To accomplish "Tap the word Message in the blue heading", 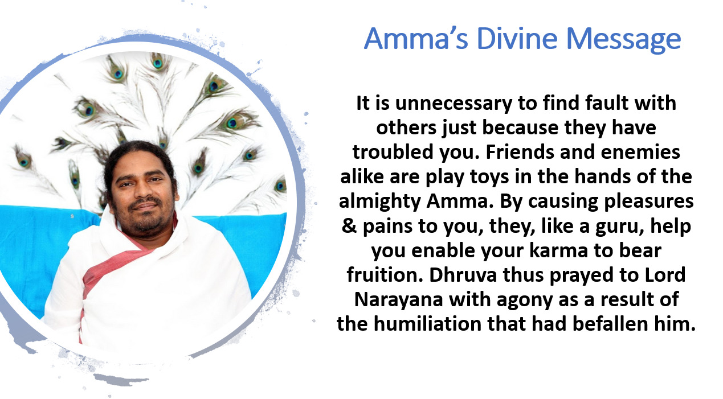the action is pyautogui.click(x=623, y=40).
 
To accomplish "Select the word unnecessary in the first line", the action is pyautogui.click(x=454, y=104).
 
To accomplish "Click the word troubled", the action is pyautogui.click(x=393, y=151).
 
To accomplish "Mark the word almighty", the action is pyautogui.click(x=380, y=202).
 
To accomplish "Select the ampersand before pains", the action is pyautogui.click(x=349, y=225).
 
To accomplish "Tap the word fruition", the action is pyautogui.click(x=385, y=274).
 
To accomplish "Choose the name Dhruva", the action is pyautogui.click(x=463, y=274).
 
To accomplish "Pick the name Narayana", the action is pyautogui.click(x=398, y=300).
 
